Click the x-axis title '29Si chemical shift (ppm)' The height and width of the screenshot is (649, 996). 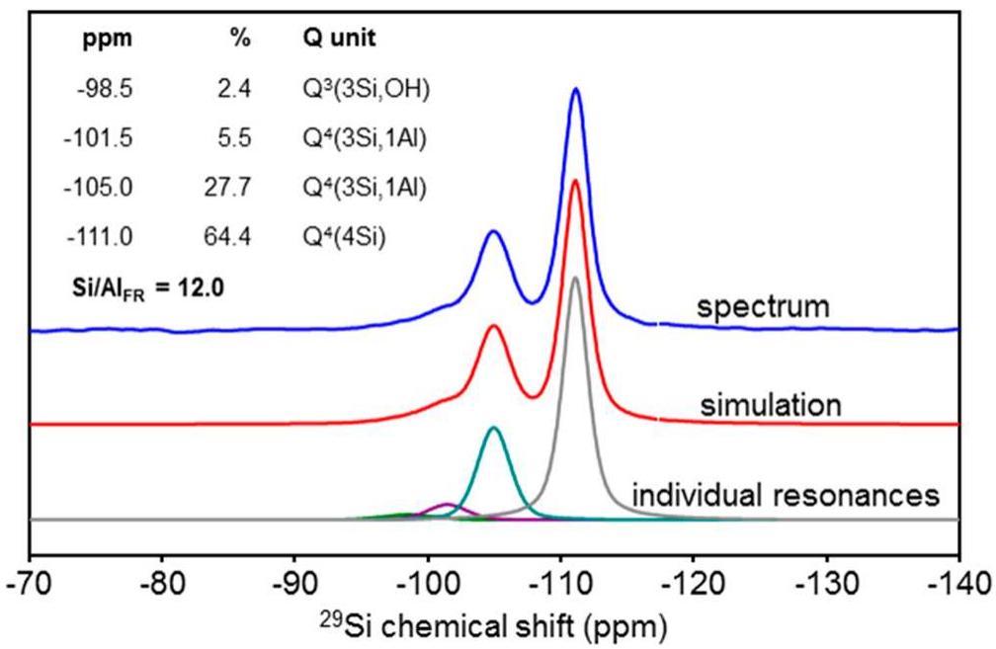pos(493,624)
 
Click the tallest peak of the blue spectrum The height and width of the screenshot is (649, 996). pos(575,90)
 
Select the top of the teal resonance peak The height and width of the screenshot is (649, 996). pos(493,428)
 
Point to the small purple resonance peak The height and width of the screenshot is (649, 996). pos(448,505)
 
